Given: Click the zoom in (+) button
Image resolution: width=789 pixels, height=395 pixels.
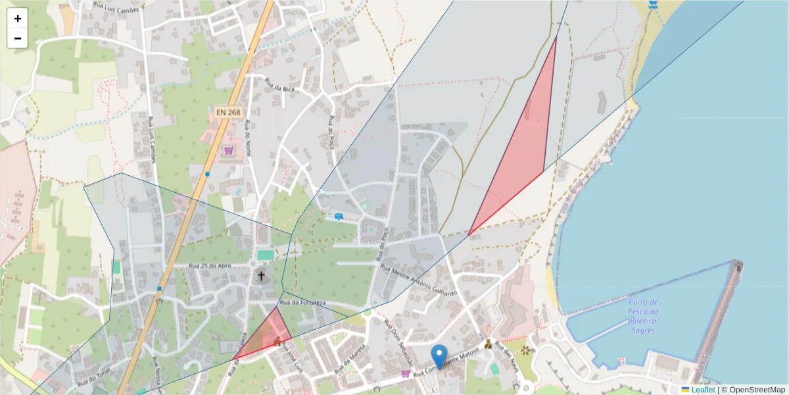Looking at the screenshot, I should (x=18, y=18).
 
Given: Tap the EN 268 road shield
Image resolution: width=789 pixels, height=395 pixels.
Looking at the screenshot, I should (x=227, y=113).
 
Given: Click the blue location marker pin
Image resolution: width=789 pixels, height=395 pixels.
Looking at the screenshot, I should (x=439, y=355).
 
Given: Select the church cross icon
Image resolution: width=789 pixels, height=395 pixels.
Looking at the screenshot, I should (x=261, y=276).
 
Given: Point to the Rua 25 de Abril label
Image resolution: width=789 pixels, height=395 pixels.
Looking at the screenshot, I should (x=211, y=265).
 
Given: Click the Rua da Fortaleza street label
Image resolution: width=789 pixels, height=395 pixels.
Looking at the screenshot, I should (x=303, y=302).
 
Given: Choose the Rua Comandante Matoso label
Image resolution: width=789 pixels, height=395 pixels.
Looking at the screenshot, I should (x=447, y=362).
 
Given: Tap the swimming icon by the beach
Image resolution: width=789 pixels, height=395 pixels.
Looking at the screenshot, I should (x=652, y=5).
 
